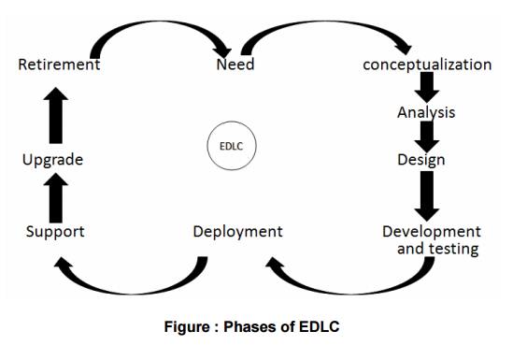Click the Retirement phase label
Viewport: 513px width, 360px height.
coord(59,65)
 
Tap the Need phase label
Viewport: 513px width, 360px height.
coord(235,65)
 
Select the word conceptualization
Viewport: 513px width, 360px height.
coord(427,65)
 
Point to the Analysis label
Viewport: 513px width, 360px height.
coord(426,113)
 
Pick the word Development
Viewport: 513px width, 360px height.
coord(432,231)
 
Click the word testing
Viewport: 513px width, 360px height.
coord(454,249)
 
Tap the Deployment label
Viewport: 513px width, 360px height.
coord(237,231)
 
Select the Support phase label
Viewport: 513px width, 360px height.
coord(56,231)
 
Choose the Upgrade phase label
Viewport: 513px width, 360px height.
coord(53,161)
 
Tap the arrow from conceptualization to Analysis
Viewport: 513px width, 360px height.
coord(427,88)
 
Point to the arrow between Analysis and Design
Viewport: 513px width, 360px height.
coord(427,137)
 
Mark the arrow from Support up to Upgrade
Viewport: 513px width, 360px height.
coord(56,196)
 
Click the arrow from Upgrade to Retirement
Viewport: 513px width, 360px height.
coord(56,112)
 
